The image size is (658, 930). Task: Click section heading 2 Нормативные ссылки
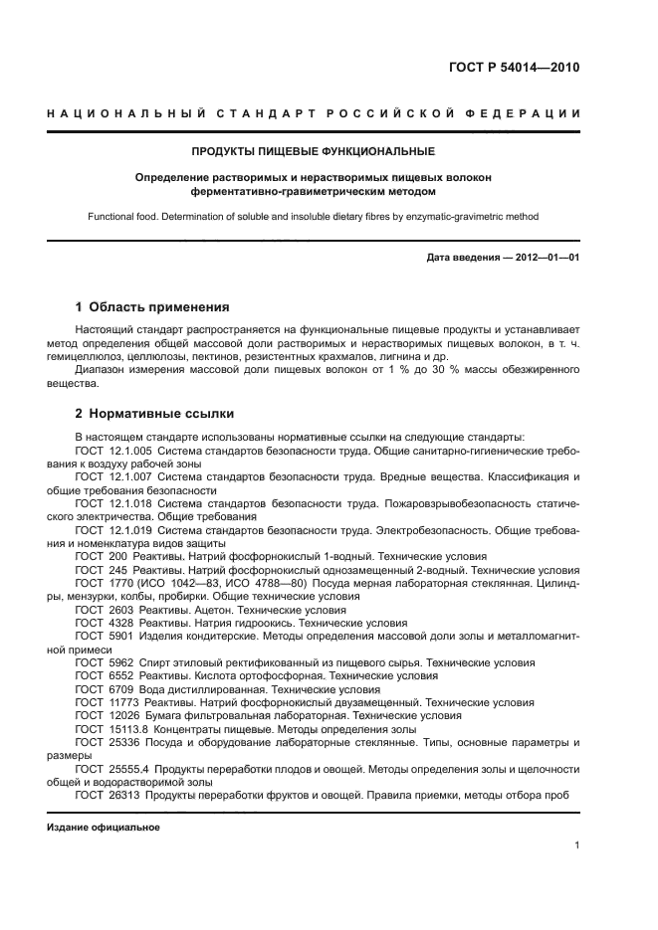pos(155,413)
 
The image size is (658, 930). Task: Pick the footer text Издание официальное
pos(104,828)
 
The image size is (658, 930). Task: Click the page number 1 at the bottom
pos(577,845)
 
